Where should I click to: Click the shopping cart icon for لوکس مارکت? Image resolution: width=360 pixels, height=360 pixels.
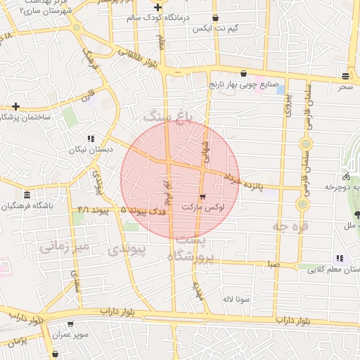pyautogui.click(x=203, y=196)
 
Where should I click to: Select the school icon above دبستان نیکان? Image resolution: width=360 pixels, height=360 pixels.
pyautogui.click(x=91, y=139)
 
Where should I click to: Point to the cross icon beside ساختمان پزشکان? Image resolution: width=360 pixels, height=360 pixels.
pyautogui.click(x=15, y=107)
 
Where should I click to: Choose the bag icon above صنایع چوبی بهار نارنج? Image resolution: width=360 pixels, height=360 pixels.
pyautogui.click(x=244, y=73)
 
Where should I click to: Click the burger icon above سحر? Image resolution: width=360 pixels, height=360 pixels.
pyautogui.click(x=345, y=75)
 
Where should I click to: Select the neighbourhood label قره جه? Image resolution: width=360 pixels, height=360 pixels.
pyautogui.click(x=290, y=226)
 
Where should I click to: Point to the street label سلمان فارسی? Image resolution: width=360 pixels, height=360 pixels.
pyautogui.click(x=307, y=108)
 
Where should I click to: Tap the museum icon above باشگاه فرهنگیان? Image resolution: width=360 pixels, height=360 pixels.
pyautogui.click(x=27, y=195)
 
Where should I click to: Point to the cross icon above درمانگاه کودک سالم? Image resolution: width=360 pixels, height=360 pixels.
pyautogui.click(x=157, y=7)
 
